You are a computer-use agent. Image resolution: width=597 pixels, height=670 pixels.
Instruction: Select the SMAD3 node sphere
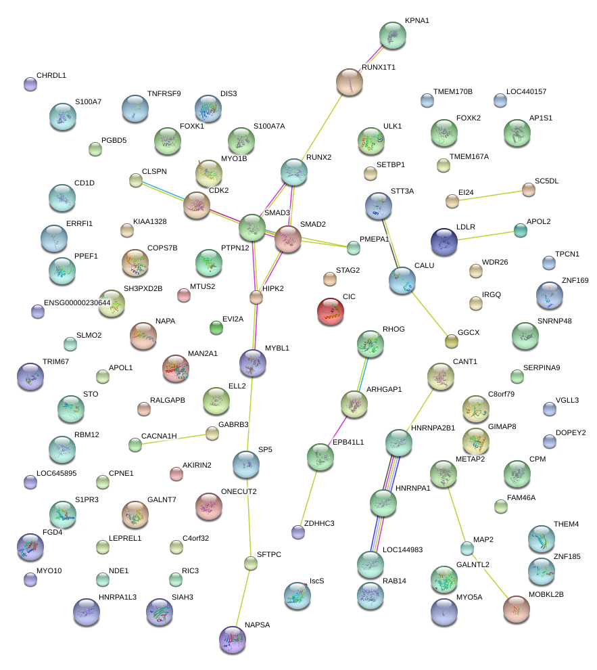pyautogui.click(x=252, y=227)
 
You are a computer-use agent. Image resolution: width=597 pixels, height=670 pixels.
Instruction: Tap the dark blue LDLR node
pyautogui.click(x=444, y=242)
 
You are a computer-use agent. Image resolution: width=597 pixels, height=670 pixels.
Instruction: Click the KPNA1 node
pyautogui.click(x=392, y=35)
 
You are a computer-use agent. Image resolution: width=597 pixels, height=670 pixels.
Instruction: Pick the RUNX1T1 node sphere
pyautogui.click(x=350, y=81)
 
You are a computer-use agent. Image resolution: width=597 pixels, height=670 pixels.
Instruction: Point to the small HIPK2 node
pyautogui.click(x=256, y=297)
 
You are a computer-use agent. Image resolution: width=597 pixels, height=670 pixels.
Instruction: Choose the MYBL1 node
pyautogui.click(x=253, y=363)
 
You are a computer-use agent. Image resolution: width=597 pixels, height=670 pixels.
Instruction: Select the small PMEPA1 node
pyautogui.click(x=353, y=248)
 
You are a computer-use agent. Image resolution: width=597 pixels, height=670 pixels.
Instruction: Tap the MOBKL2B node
pyautogui.click(x=517, y=609)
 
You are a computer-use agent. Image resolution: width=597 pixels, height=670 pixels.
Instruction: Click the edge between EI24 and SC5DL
pyautogui.click(x=490, y=195)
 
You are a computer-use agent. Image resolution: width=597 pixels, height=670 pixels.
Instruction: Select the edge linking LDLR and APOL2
pyautogui.click(x=485, y=236)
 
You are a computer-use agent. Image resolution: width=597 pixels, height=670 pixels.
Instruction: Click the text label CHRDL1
pyautogui.click(x=51, y=75)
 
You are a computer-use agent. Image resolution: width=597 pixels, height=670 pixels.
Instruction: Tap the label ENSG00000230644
pyautogui.click(x=77, y=303)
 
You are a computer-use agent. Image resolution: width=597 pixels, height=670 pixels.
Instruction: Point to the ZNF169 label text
pyautogui.click(x=575, y=280)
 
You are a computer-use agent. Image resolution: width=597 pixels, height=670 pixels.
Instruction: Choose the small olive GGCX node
pyautogui.click(x=452, y=341)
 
